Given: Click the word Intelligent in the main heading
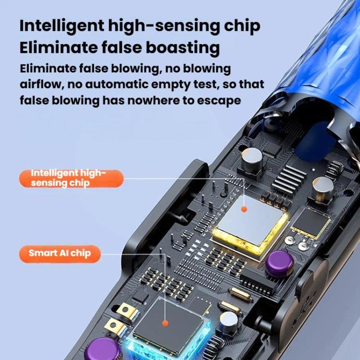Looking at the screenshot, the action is coord(62,26).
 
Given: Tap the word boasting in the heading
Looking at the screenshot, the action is coord(183,48).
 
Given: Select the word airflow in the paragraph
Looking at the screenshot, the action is coord(42,84).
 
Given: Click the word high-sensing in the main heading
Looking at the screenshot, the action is coord(164,26).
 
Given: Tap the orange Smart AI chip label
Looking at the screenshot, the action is coord(60,254).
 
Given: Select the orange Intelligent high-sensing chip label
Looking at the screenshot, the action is coord(72,179).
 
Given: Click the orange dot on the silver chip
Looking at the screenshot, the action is coord(244,209).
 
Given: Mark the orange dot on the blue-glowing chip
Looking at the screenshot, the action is coord(165,324).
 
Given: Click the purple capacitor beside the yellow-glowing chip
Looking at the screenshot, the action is coord(280,264).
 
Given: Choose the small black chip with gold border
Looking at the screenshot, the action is coord(311,223).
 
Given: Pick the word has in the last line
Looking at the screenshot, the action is coord(112,100).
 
